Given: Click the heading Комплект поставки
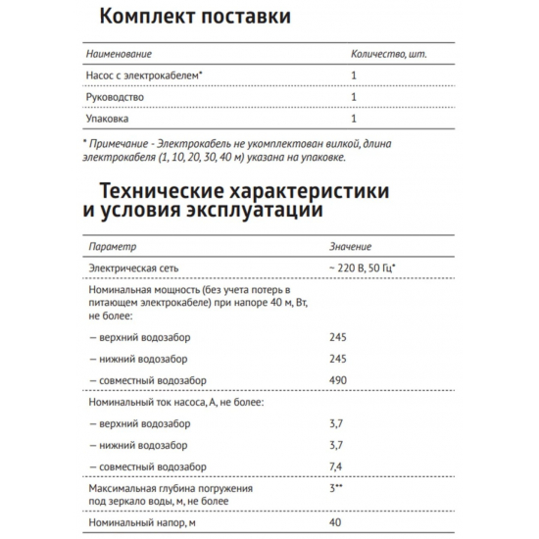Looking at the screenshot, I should [x=195, y=18].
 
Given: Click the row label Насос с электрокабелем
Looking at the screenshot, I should [x=147, y=73].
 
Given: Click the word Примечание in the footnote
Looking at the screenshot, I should [x=122, y=143].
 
